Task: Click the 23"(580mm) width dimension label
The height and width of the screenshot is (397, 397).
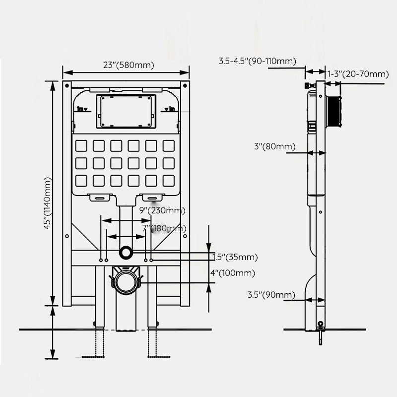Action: pos(129,65)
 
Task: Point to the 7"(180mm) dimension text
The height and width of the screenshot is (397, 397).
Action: pos(164,228)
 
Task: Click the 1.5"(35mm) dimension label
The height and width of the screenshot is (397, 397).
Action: pos(235,257)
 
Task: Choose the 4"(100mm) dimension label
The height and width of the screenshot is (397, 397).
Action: pos(233,273)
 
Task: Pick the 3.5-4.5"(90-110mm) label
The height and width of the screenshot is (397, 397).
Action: pos(258,61)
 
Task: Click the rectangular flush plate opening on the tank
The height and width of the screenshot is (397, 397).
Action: pos(126,111)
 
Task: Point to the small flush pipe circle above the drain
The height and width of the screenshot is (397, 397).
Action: pos(126,253)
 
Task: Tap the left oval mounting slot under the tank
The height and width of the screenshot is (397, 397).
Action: pos(101,198)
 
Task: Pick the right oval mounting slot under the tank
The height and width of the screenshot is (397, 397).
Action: pos(152,198)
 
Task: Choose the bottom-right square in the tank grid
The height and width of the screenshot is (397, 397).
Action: pos(169,181)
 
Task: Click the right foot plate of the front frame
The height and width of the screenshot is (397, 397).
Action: pos(159,356)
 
